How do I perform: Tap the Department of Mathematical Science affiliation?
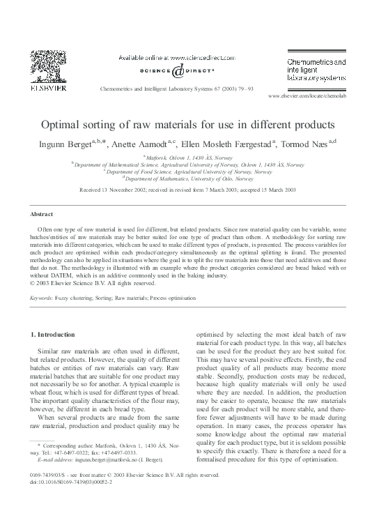189,165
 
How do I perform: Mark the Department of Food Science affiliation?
189,172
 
